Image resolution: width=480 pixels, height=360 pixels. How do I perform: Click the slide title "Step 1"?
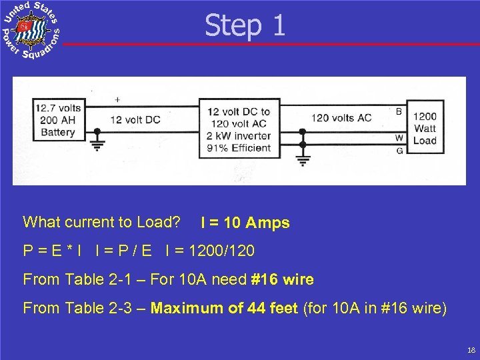(245, 25)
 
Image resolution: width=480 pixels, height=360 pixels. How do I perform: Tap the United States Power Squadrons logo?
(31, 31)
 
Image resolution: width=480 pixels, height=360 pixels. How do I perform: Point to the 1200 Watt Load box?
(424, 128)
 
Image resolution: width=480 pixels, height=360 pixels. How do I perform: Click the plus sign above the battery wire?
(117, 100)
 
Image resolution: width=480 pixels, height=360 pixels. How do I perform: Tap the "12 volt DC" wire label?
(135, 120)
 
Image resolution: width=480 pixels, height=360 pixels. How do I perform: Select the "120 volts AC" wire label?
(341, 118)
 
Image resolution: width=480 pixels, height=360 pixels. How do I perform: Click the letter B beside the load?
(399, 111)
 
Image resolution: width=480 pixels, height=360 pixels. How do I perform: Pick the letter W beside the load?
(399, 138)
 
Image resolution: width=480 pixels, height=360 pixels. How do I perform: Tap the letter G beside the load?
(399, 151)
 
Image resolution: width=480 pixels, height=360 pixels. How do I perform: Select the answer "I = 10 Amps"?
(245, 223)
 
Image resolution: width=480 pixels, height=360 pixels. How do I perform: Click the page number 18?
(471, 350)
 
